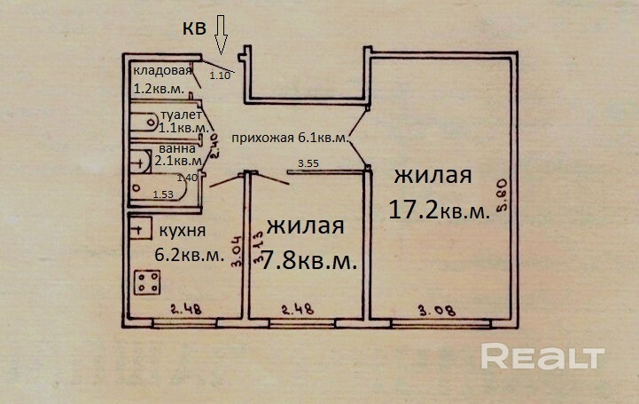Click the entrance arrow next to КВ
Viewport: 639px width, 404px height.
tap(221, 36)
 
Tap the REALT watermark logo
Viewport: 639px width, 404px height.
tap(542, 356)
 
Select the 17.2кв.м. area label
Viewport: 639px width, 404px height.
tap(440, 210)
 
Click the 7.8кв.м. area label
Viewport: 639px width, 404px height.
tap(309, 260)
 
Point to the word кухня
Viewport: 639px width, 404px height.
tap(183, 231)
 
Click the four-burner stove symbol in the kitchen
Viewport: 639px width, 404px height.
tap(148, 282)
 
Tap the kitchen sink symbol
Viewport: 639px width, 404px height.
tap(141, 228)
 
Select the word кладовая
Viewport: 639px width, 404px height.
tap(162, 71)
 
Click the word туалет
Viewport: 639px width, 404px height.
tap(181, 115)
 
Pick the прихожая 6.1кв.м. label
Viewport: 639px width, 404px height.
tap(291, 138)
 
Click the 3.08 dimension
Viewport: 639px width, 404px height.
tap(437, 311)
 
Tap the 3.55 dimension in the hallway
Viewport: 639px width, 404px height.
tap(308, 164)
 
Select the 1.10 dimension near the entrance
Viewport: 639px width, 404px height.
tap(220, 75)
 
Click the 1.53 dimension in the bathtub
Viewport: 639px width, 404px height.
tap(163, 194)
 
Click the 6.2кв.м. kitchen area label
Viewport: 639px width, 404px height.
tap(190, 255)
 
